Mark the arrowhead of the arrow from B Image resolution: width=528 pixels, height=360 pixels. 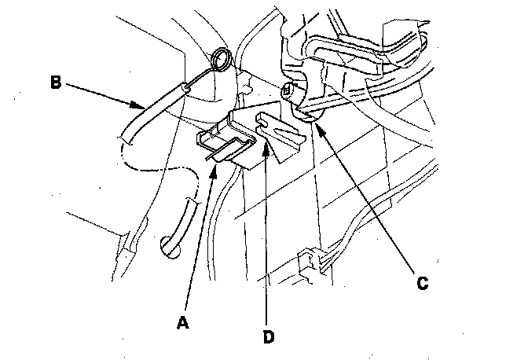click(141, 108)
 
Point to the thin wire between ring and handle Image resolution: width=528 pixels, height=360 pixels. click(203, 76)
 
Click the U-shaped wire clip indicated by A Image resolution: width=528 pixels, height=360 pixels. click(224, 145)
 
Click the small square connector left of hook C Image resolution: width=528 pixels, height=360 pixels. click(288, 91)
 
